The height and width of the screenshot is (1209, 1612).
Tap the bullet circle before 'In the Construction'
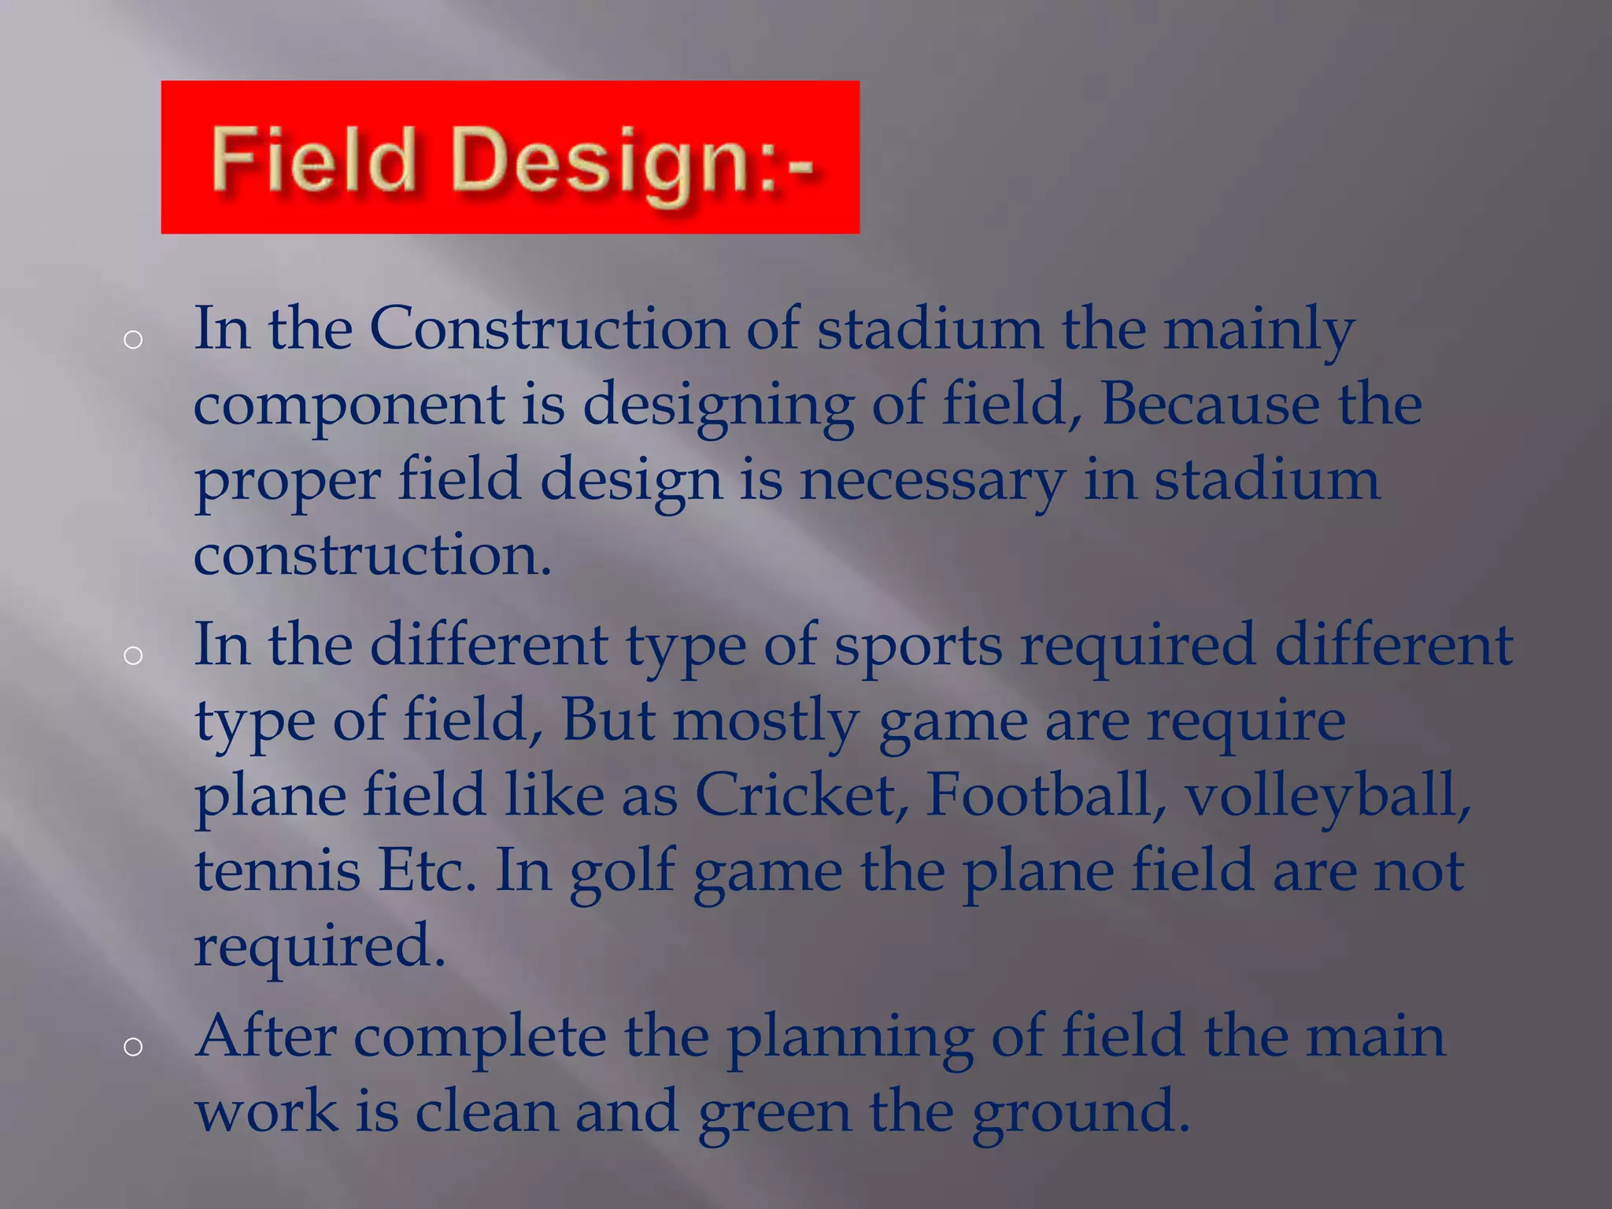point(133,340)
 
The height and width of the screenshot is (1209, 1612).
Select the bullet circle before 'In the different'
point(133,656)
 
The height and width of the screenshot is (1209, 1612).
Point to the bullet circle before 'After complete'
point(133,1046)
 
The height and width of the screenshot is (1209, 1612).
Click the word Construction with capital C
point(549,328)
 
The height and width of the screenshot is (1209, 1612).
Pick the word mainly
point(1259,331)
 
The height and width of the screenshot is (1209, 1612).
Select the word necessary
point(932,482)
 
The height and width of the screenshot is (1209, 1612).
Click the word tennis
point(277,871)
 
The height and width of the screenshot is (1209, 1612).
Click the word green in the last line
point(775,1113)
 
